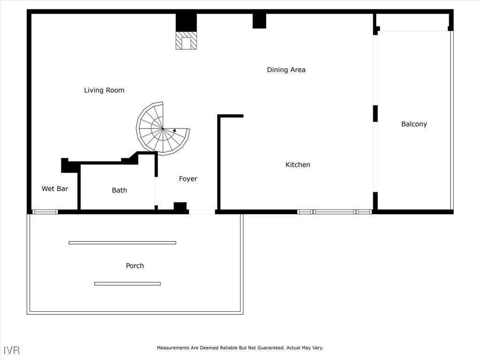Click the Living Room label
pyautogui.click(x=104, y=90)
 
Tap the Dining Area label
pyautogui.click(x=286, y=70)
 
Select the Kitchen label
pyautogui.click(x=298, y=165)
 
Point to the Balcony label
pyautogui.click(x=414, y=124)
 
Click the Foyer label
pyautogui.click(x=188, y=179)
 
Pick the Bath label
pyautogui.click(x=119, y=190)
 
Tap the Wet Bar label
pyautogui.click(x=55, y=188)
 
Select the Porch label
pyautogui.click(x=135, y=266)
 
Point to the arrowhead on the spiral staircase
pyautogui.click(x=174, y=130)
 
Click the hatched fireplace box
pyautogui.click(x=187, y=41)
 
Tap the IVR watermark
pyautogui.click(x=12, y=350)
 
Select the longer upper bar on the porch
pyautogui.click(x=122, y=243)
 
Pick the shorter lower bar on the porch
pyautogui.click(x=127, y=284)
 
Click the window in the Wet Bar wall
pyautogui.click(x=45, y=212)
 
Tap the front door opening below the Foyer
pyautogui.click(x=202, y=212)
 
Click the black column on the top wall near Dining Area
pyautogui.click(x=259, y=21)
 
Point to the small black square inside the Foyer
pyautogui.click(x=180, y=206)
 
